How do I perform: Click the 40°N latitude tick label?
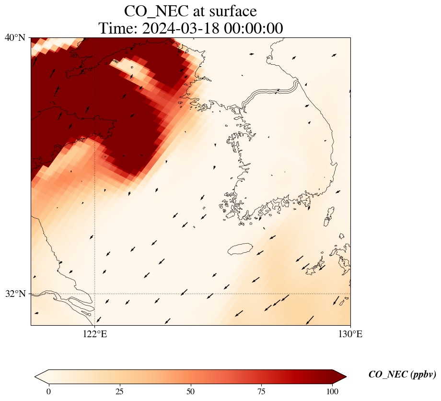coord(15,37)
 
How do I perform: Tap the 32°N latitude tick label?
coord(15,294)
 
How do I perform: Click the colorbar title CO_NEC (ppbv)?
coord(402,375)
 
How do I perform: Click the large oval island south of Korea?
coord(240,249)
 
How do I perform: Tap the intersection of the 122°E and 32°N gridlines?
coord(95,294)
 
